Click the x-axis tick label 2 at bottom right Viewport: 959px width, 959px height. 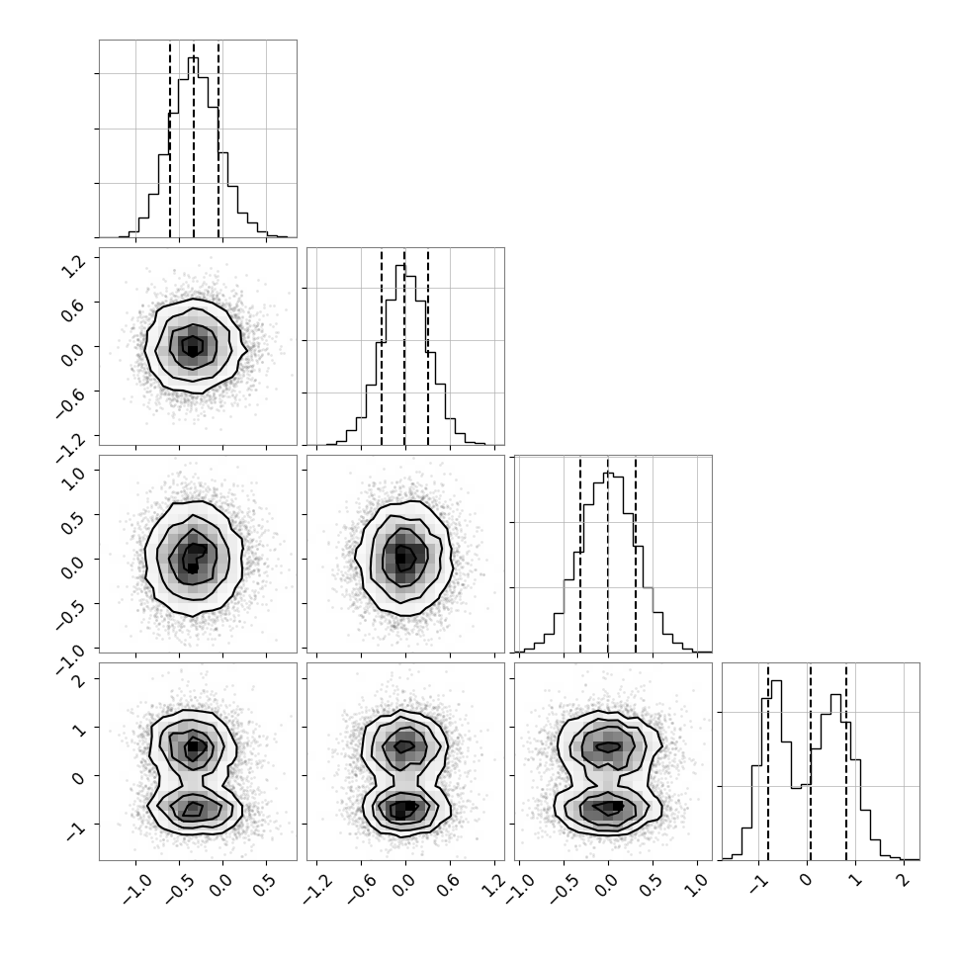point(903,880)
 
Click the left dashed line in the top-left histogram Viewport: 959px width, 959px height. point(170,138)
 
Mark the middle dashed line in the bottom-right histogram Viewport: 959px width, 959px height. point(811,761)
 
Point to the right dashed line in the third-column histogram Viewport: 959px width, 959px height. point(636,554)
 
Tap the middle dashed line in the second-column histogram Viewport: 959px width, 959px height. point(404,346)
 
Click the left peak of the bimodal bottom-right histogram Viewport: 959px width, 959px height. point(777,681)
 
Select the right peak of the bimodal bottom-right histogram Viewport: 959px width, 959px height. point(835,695)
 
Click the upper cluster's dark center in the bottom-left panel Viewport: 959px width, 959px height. point(193,746)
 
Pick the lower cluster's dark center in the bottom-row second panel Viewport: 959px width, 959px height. point(400,810)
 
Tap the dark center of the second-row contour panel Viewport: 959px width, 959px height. point(193,350)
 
